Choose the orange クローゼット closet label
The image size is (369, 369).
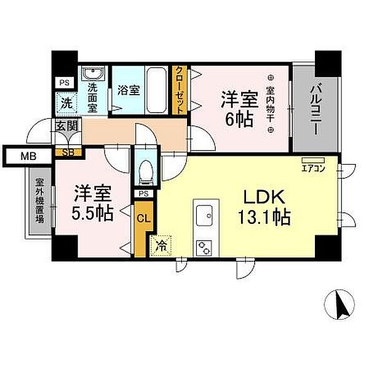click(180, 90)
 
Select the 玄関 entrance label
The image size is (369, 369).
click(66, 126)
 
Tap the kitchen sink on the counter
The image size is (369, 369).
click(204, 216)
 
